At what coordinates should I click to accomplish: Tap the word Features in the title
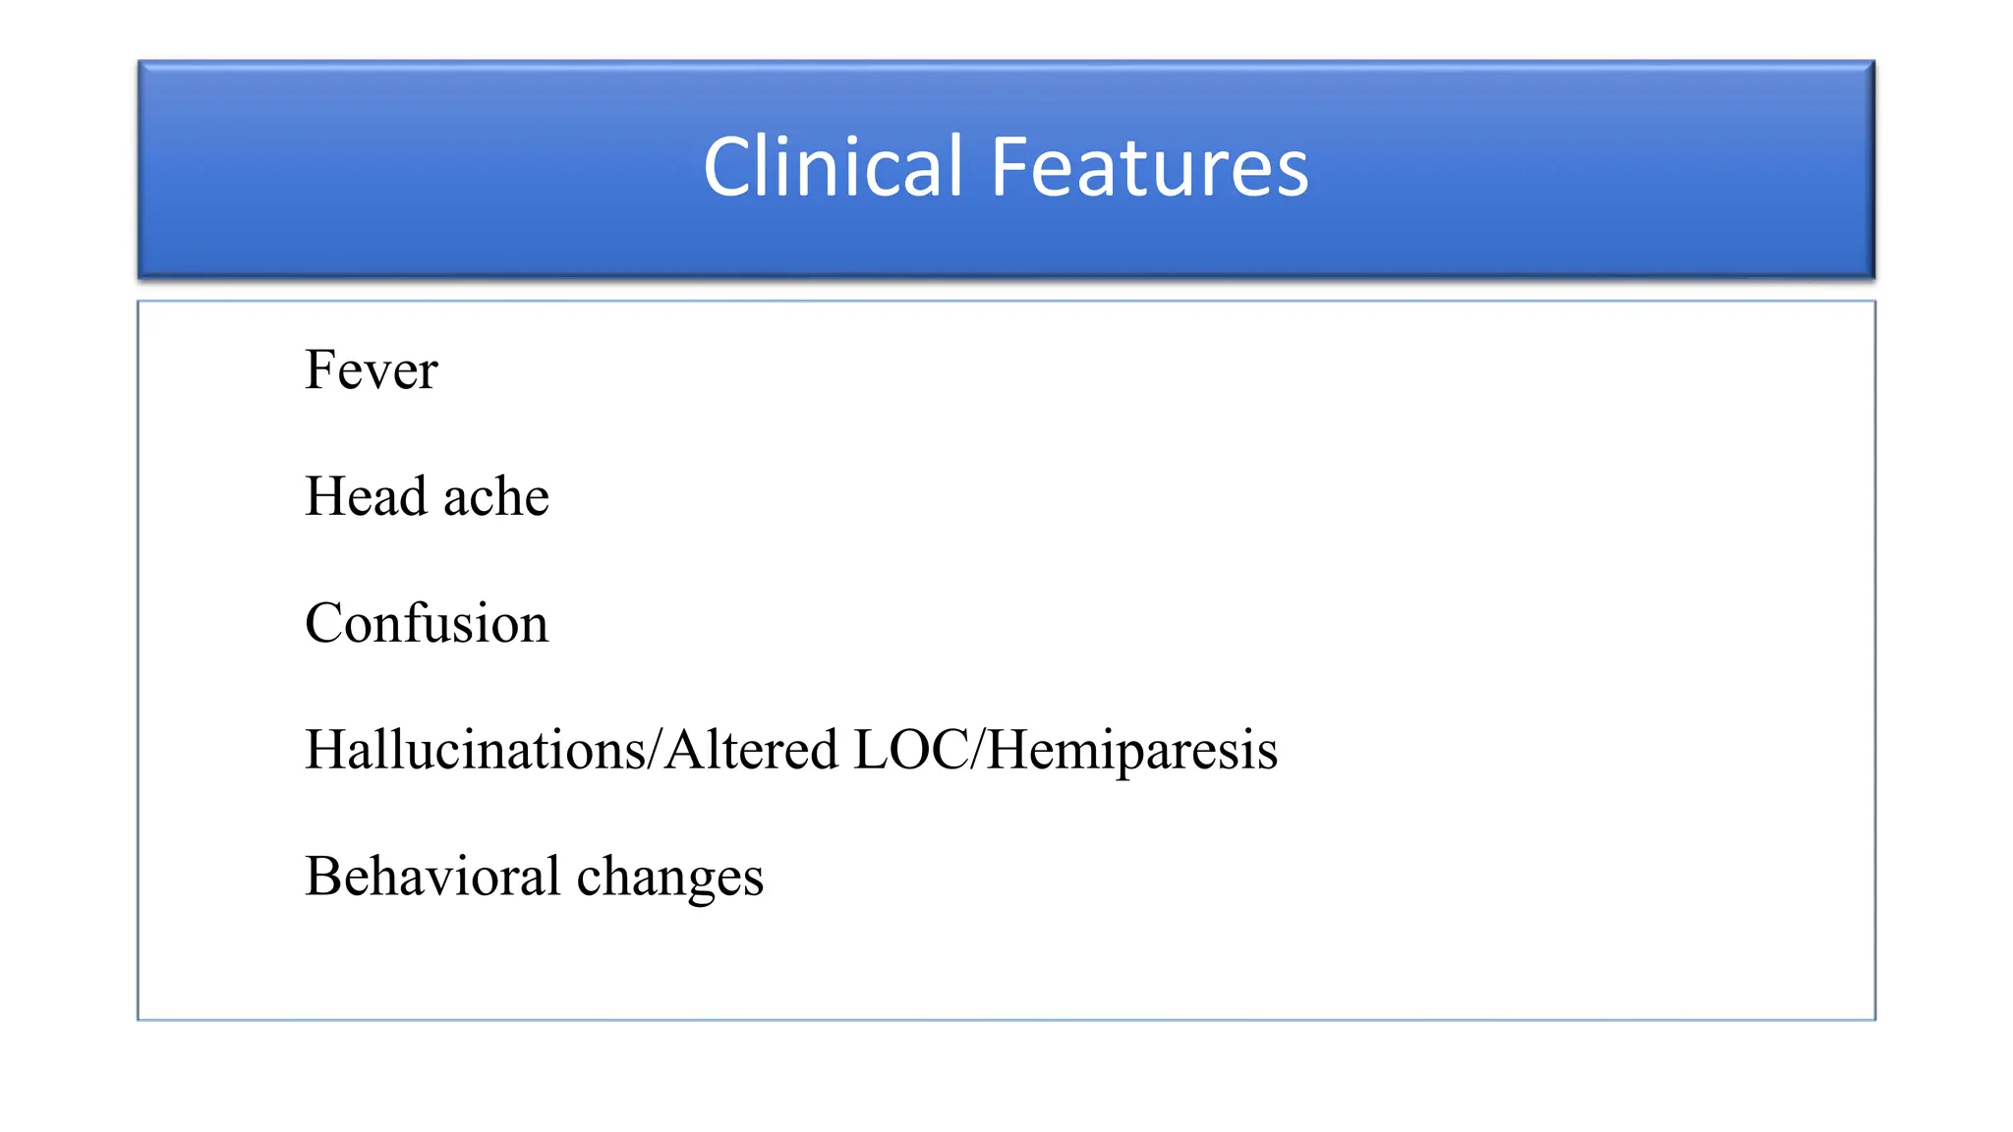coord(1149,167)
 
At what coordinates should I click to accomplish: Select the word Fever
coord(371,370)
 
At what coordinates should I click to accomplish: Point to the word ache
coord(495,497)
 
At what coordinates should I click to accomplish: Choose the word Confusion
coord(427,623)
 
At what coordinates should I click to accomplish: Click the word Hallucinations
coord(476,750)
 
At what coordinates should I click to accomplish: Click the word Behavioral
coord(432,876)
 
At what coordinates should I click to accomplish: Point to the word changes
coord(669,877)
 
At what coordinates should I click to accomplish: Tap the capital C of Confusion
coord(323,623)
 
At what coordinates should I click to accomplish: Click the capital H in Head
coord(325,495)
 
